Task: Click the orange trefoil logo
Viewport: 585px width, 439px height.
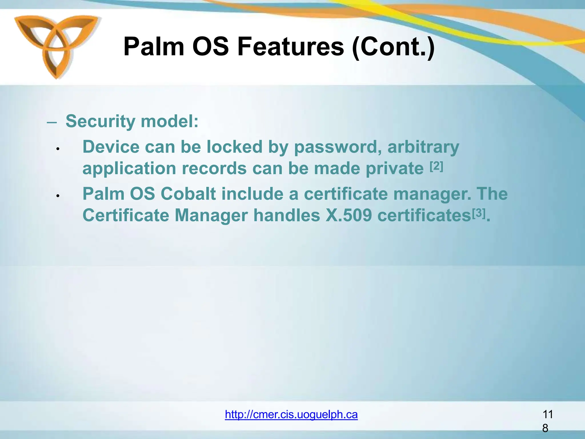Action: (x=56, y=46)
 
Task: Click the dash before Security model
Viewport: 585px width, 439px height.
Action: (x=52, y=122)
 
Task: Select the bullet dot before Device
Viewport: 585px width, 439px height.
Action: (x=58, y=149)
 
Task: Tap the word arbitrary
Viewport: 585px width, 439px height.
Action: (x=423, y=147)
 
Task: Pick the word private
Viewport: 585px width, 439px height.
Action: (x=394, y=168)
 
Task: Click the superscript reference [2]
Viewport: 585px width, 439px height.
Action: (x=436, y=166)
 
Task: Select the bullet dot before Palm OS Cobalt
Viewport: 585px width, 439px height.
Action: (x=58, y=196)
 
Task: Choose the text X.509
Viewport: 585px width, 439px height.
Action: (x=348, y=215)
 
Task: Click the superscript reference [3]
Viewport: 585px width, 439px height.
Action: (x=479, y=213)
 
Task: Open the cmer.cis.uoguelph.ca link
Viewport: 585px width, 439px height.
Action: (x=291, y=414)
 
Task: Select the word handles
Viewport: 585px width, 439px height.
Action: (x=287, y=215)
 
